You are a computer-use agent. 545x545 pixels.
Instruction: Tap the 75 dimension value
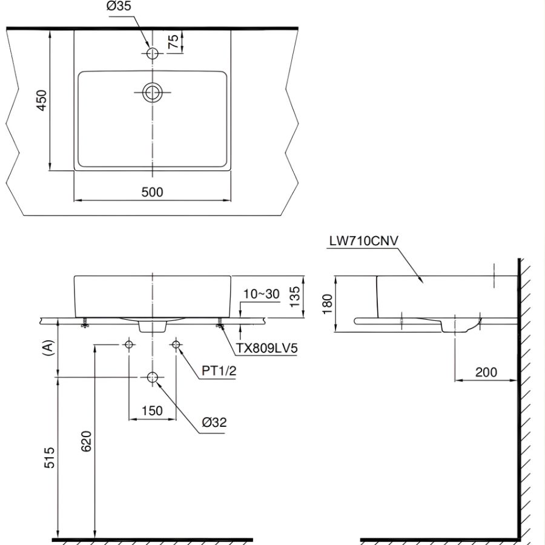coord(173,42)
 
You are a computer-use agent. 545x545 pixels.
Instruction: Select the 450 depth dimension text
coord(41,101)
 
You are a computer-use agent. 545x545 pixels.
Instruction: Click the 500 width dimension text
coord(152,192)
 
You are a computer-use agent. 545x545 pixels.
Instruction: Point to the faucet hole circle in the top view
coord(152,54)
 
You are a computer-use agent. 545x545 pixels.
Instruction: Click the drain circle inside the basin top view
coord(152,92)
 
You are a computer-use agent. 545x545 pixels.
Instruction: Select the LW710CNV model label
coord(363,240)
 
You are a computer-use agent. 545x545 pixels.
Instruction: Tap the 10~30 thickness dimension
coord(262,294)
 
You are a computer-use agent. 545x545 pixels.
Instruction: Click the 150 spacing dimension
coord(151,411)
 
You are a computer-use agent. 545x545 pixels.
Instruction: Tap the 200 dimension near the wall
coord(485,372)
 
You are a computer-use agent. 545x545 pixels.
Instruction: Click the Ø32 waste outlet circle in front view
coord(152,377)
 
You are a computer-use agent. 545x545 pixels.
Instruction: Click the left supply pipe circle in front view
coord(128,345)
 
